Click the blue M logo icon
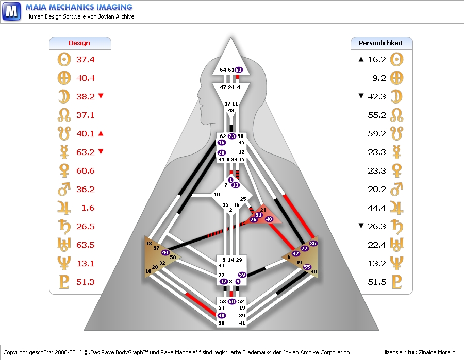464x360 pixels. tap(11, 10)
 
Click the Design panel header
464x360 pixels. tap(79, 43)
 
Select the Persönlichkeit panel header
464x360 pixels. tap(381, 43)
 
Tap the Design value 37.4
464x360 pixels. tap(86, 60)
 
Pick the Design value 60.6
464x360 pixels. tap(86, 171)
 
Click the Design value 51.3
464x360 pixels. tap(86, 282)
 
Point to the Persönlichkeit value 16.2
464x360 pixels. tap(377, 60)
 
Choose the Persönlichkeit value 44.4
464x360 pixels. tap(377, 208)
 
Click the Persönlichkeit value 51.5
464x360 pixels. tap(377, 282)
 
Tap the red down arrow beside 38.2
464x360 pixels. tap(101, 96)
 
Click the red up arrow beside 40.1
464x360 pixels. tap(101, 133)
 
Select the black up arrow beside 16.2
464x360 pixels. tap(361, 59)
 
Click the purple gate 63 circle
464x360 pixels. tap(239, 70)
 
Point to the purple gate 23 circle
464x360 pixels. tap(231, 136)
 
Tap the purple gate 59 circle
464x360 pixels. tap(242, 275)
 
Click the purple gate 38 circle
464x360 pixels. tap(222, 315)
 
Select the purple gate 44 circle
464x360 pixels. tap(165, 252)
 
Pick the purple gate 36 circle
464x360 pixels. tap(313, 243)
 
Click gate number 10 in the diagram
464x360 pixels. tap(217, 195)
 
